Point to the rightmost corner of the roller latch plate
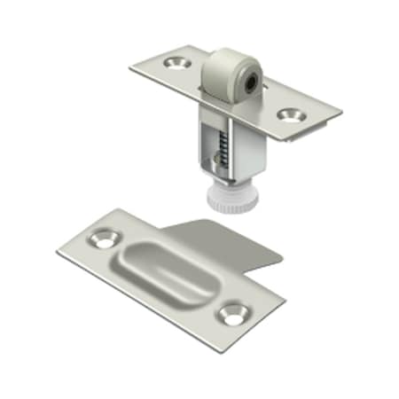(341, 113)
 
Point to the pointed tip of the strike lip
(282, 258)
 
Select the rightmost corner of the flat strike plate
(286, 303)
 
